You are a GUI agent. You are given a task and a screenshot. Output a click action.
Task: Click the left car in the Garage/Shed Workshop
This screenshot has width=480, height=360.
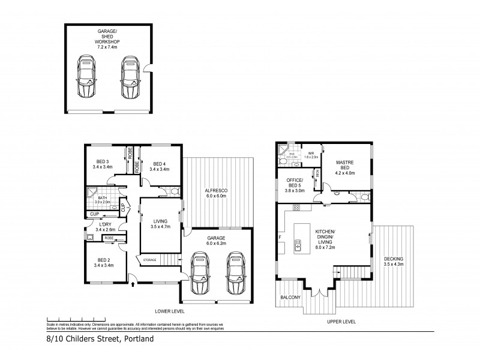(86, 77)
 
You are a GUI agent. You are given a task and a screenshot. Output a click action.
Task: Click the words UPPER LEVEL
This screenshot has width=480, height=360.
(341, 322)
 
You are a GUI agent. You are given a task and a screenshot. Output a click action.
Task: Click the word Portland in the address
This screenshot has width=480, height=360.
(139, 339)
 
